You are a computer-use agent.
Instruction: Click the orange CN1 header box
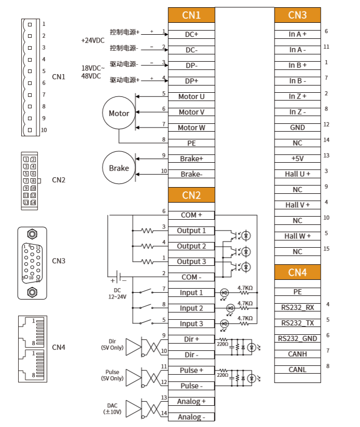point(191,15)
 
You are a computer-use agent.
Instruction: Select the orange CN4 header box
point(297,272)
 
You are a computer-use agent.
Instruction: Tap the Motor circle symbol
point(119,113)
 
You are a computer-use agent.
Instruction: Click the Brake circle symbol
point(119,168)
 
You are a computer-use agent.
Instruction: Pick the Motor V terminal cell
point(191,112)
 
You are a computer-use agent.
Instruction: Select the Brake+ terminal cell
point(191,159)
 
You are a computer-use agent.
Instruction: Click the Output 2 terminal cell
point(191,246)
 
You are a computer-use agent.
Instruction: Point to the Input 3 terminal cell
point(191,324)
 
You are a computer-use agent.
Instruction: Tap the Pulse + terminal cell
point(191,371)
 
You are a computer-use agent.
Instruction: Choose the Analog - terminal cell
point(191,417)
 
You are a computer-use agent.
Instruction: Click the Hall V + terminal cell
point(297,205)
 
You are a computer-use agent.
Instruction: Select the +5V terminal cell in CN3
point(297,158)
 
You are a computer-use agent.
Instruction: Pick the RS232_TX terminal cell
point(297,323)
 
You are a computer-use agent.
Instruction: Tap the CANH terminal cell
point(297,354)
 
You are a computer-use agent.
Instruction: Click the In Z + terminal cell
point(297,96)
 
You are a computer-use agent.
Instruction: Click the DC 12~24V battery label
point(117,293)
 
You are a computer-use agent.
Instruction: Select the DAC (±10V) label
point(112,408)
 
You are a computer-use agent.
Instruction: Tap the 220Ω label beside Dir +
point(222,343)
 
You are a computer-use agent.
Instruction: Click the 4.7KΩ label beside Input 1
point(244,288)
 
